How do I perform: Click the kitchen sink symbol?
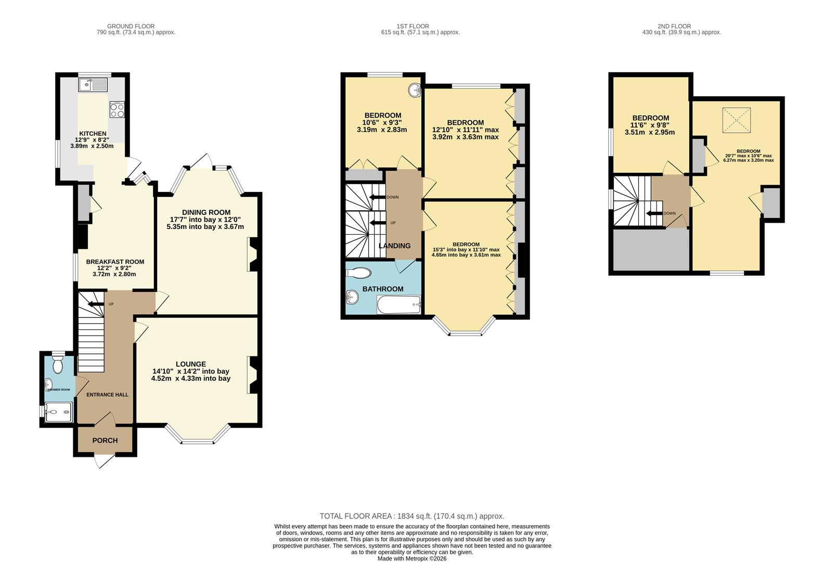click(93, 84)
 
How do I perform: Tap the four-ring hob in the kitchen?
click(117, 110)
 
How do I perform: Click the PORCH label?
click(105, 440)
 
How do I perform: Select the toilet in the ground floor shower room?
click(58, 365)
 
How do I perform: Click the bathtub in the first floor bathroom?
click(398, 304)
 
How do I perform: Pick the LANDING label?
click(394, 246)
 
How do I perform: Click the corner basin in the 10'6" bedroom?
click(415, 91)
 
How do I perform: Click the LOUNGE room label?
click(190, 364)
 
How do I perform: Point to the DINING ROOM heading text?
click(206, 212)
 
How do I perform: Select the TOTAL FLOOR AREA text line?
click(411, 516)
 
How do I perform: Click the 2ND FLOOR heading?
click(674, 26)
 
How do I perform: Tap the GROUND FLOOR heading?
click(131, 26)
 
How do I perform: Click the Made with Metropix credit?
click(411, 558)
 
